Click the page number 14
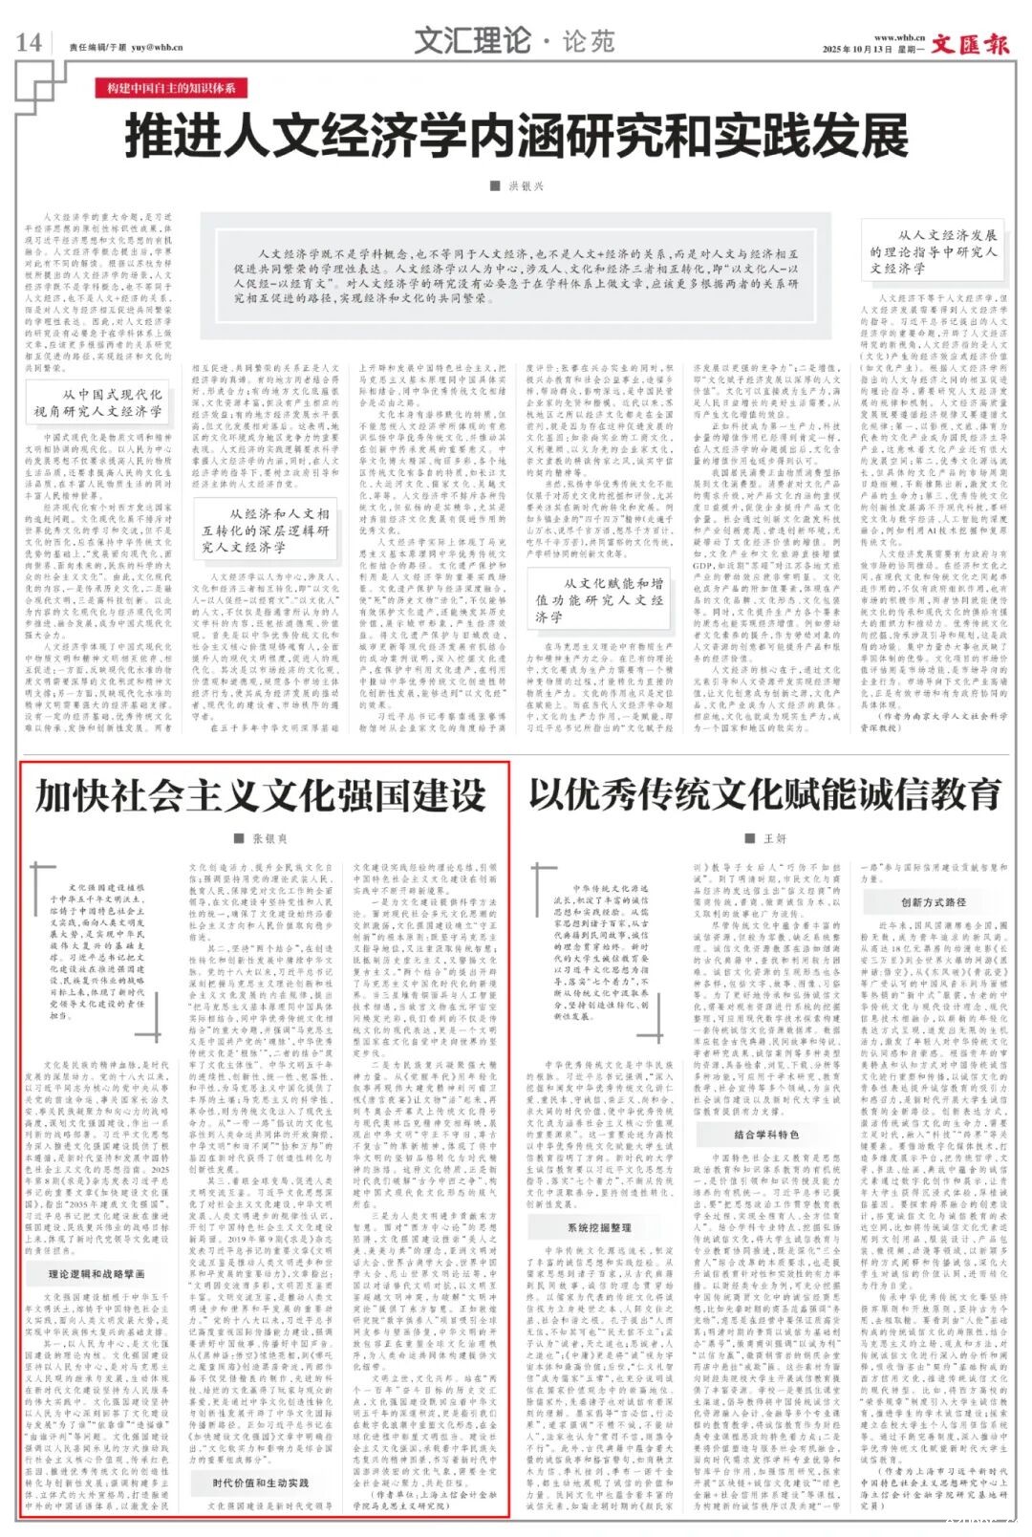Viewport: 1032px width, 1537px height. (x=29, y=42)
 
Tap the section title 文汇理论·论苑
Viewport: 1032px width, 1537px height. (x=514, y=41)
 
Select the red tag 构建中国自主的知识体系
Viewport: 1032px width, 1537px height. (x=171, y=89)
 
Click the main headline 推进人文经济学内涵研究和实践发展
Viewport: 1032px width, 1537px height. (x=516, y=136)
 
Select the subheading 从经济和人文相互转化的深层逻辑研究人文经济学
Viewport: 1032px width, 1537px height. (x=265, y=530)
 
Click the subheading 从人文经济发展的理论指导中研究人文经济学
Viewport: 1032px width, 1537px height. (x=934, y=251)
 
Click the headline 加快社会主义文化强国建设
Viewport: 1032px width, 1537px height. (x=261, y=795)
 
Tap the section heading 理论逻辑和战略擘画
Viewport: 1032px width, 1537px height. (x=97, y=1274)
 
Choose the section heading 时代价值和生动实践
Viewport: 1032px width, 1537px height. (x=261, y=1483)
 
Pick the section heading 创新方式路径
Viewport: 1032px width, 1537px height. (x=933, y=901)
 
